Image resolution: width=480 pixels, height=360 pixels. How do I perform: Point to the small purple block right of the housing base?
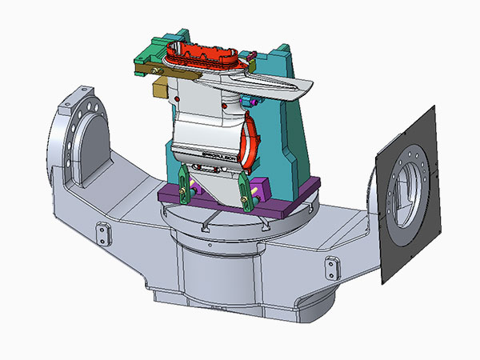pos(258,190)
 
